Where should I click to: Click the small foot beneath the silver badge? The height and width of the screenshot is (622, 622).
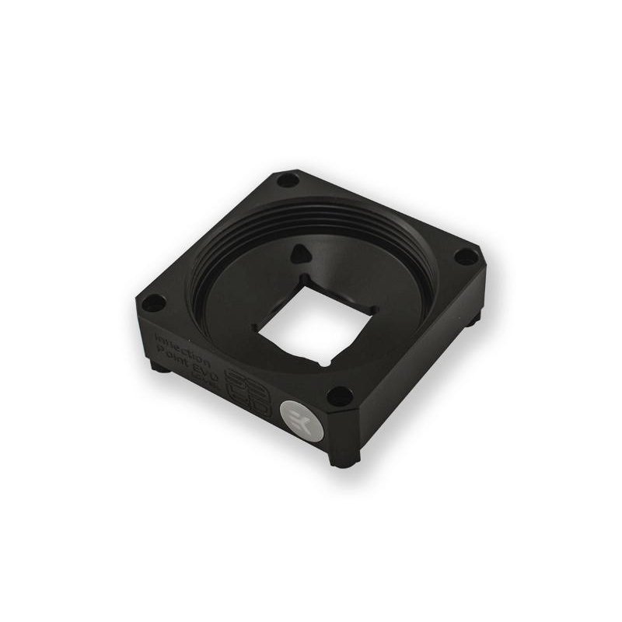click(x=340, y=460)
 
